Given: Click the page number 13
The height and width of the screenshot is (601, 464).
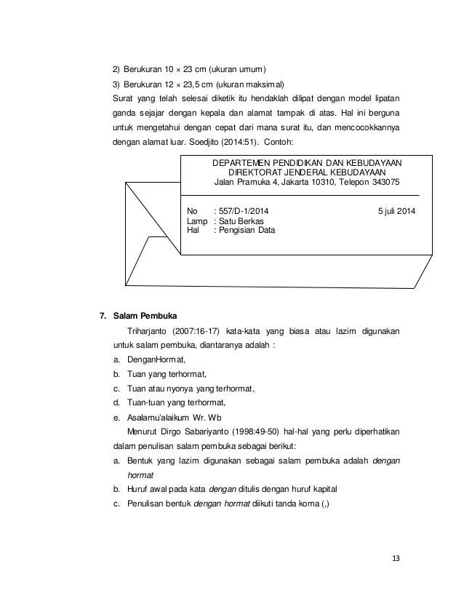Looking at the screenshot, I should coord(396,558).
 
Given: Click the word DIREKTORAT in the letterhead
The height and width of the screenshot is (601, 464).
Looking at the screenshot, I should coord(256,172).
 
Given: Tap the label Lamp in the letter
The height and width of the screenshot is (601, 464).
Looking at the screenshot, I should coord(197,220).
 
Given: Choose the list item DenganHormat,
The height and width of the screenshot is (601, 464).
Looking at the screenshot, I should coord(156,359).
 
